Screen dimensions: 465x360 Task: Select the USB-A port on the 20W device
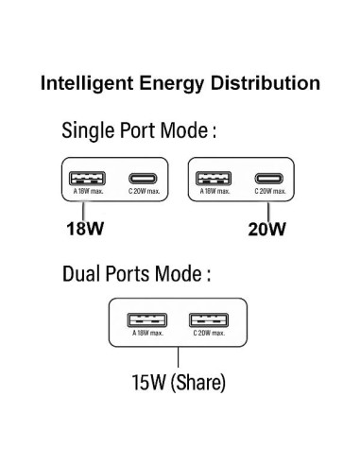(x=212, y=177)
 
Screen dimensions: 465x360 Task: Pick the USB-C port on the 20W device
(x=270, y=178)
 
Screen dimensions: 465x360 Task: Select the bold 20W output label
(x=268, y=227)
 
